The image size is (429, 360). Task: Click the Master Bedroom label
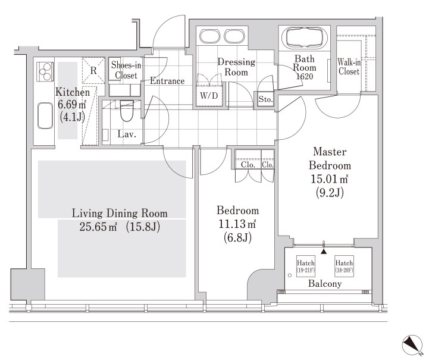[x=330, y=158]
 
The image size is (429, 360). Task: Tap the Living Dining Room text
[x=120, y=214]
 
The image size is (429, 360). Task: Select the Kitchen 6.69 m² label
[x=73, y=98]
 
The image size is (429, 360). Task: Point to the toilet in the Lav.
[x=127, y=111]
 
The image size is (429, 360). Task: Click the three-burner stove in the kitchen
[x=45, y=71]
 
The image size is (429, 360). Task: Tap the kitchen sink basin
[x=45, y=115]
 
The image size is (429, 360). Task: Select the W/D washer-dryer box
[x=209, y=95]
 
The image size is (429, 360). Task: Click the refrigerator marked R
[x=93, y=71]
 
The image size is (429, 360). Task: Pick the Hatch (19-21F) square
[x=306, y=266]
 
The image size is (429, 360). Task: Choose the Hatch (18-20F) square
[x=344, y=266]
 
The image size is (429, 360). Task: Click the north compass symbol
[x=412, y=344]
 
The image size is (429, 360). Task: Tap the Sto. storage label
[x=265, y=99]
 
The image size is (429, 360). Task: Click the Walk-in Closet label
[x=349, y=67]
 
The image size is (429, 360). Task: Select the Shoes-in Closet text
[x=126, y=70]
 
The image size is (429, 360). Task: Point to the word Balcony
[x=325, y=284]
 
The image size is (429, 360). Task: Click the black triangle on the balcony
[x=324, y=251]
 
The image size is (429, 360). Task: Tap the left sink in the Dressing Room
[x=210, y=36]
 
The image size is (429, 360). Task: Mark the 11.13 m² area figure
[x=237, y=224]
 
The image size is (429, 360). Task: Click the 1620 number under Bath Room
[x=305, y=76]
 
